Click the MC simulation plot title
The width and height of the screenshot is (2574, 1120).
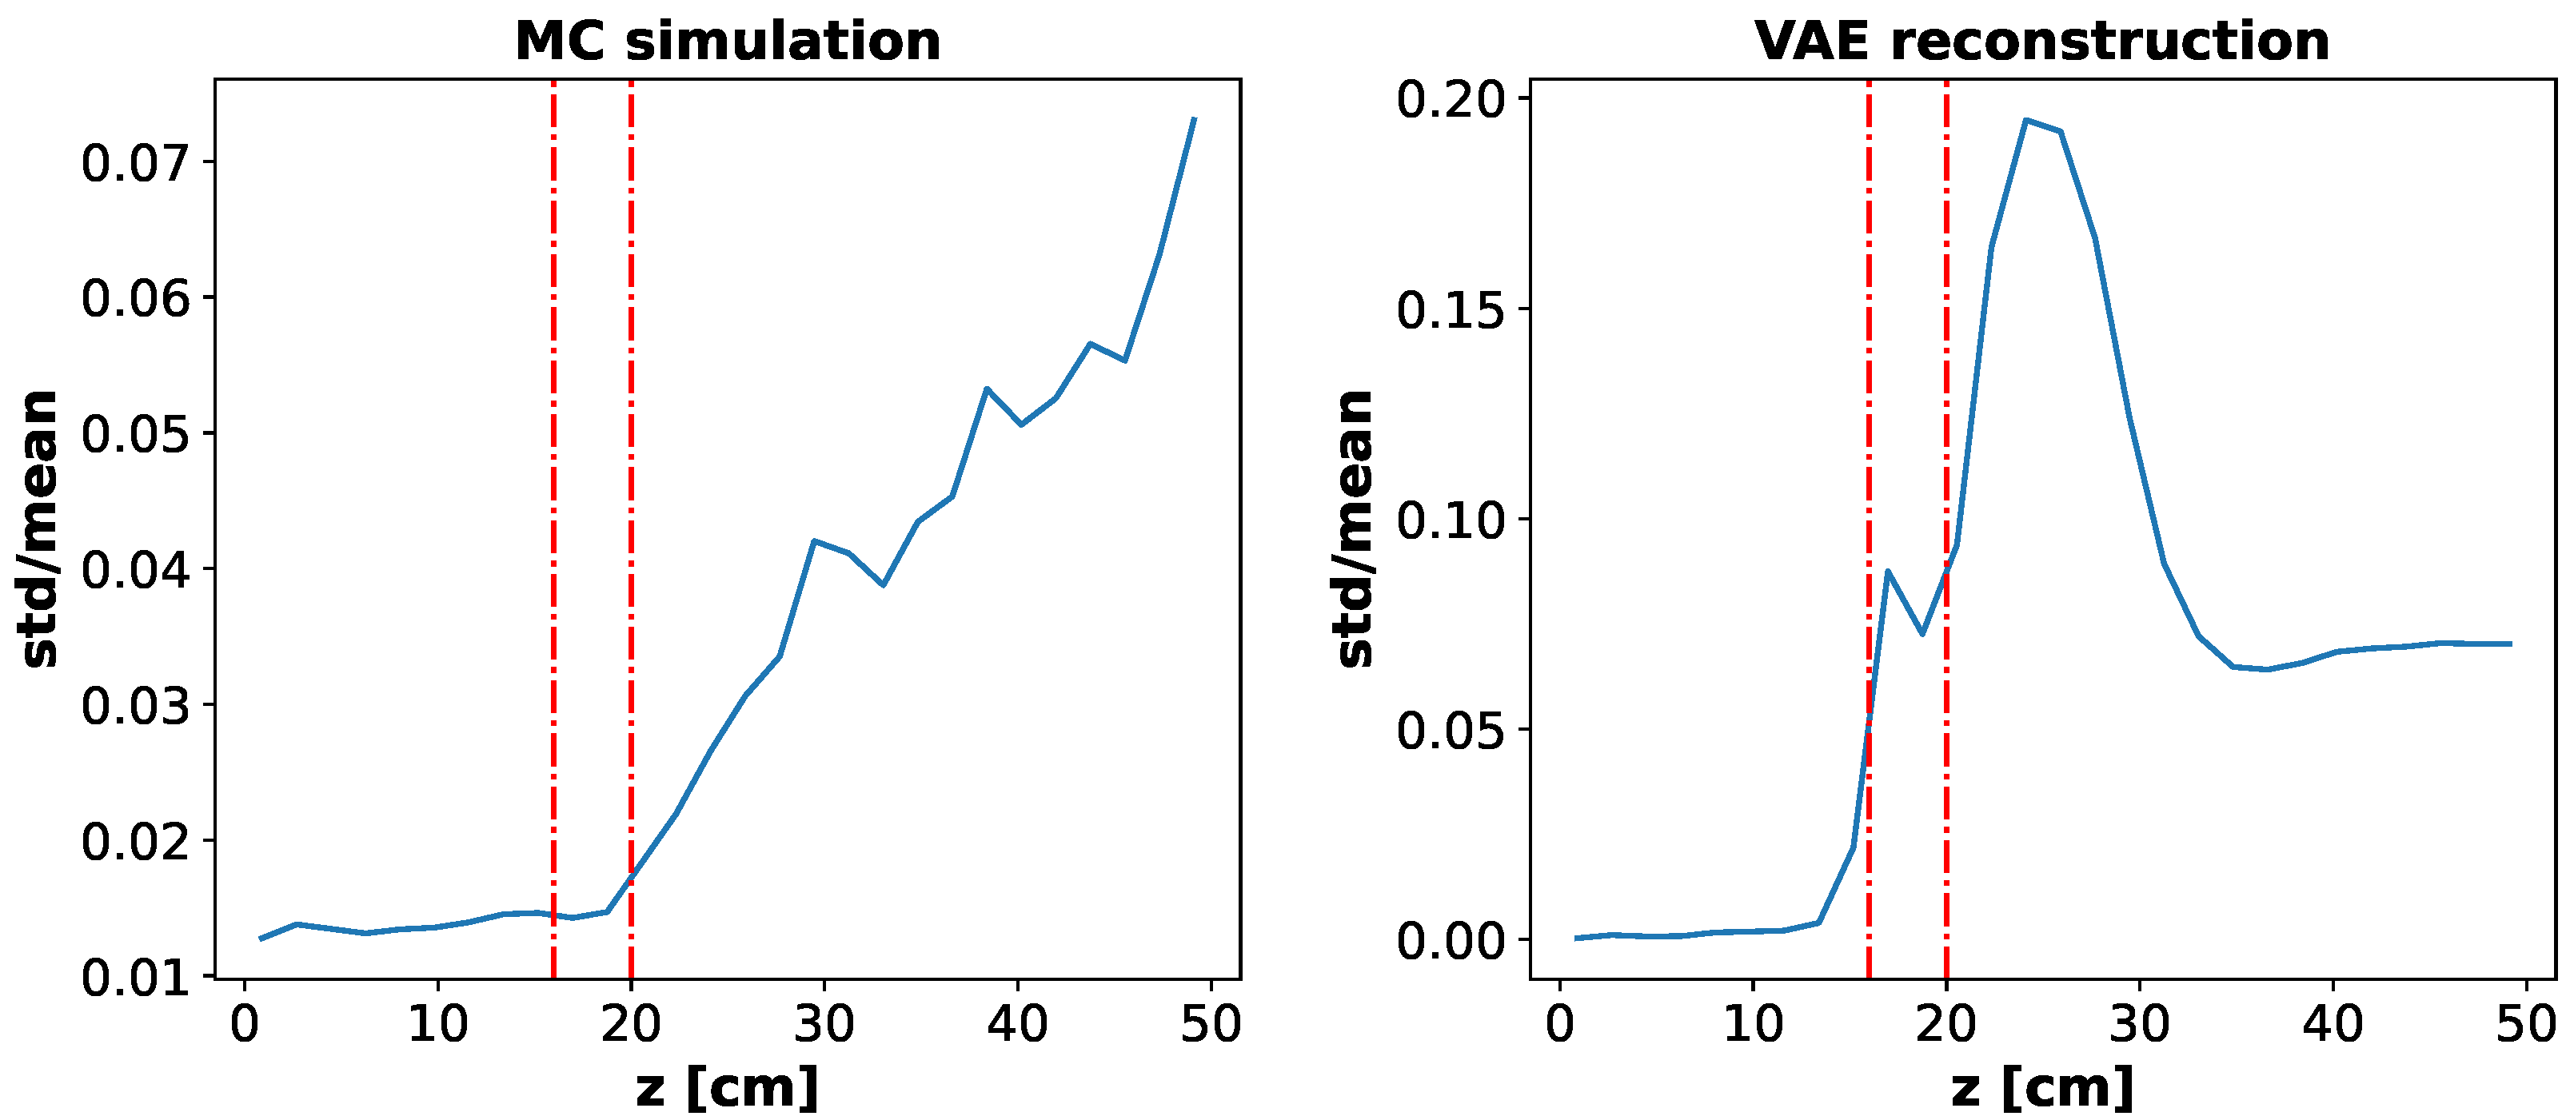(x=728, y=42)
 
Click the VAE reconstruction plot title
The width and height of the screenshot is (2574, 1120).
(x=2042, y=42)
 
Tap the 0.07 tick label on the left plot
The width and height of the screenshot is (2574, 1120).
(x=135, y=163)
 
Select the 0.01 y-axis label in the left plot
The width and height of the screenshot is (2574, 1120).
(x=135, y=977)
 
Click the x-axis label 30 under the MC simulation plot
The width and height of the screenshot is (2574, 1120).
(x=824, y=1025)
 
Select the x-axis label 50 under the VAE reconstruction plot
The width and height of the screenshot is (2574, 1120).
(x=2526, y=1025)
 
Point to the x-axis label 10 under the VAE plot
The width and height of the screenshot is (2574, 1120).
(x=1754, y=1025)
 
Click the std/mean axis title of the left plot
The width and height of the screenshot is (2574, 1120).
(x=40, y=528)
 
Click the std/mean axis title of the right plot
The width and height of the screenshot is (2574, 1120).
(x=1355, y=528)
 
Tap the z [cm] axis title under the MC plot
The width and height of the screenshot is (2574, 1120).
(x=728, y=1087)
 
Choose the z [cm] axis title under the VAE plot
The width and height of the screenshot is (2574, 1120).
(x=2042, y=1087)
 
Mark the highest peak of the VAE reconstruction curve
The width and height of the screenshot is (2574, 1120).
(x=2025, y=120)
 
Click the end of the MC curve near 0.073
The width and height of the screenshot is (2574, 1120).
(x=1194, y=119)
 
